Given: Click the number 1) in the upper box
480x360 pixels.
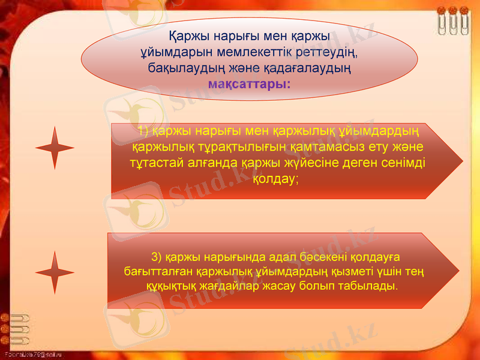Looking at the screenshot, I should (x=143, y=131).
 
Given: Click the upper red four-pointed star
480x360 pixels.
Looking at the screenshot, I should (x=55, y=147).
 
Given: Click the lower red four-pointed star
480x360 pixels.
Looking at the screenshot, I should (x=55, y=272).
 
